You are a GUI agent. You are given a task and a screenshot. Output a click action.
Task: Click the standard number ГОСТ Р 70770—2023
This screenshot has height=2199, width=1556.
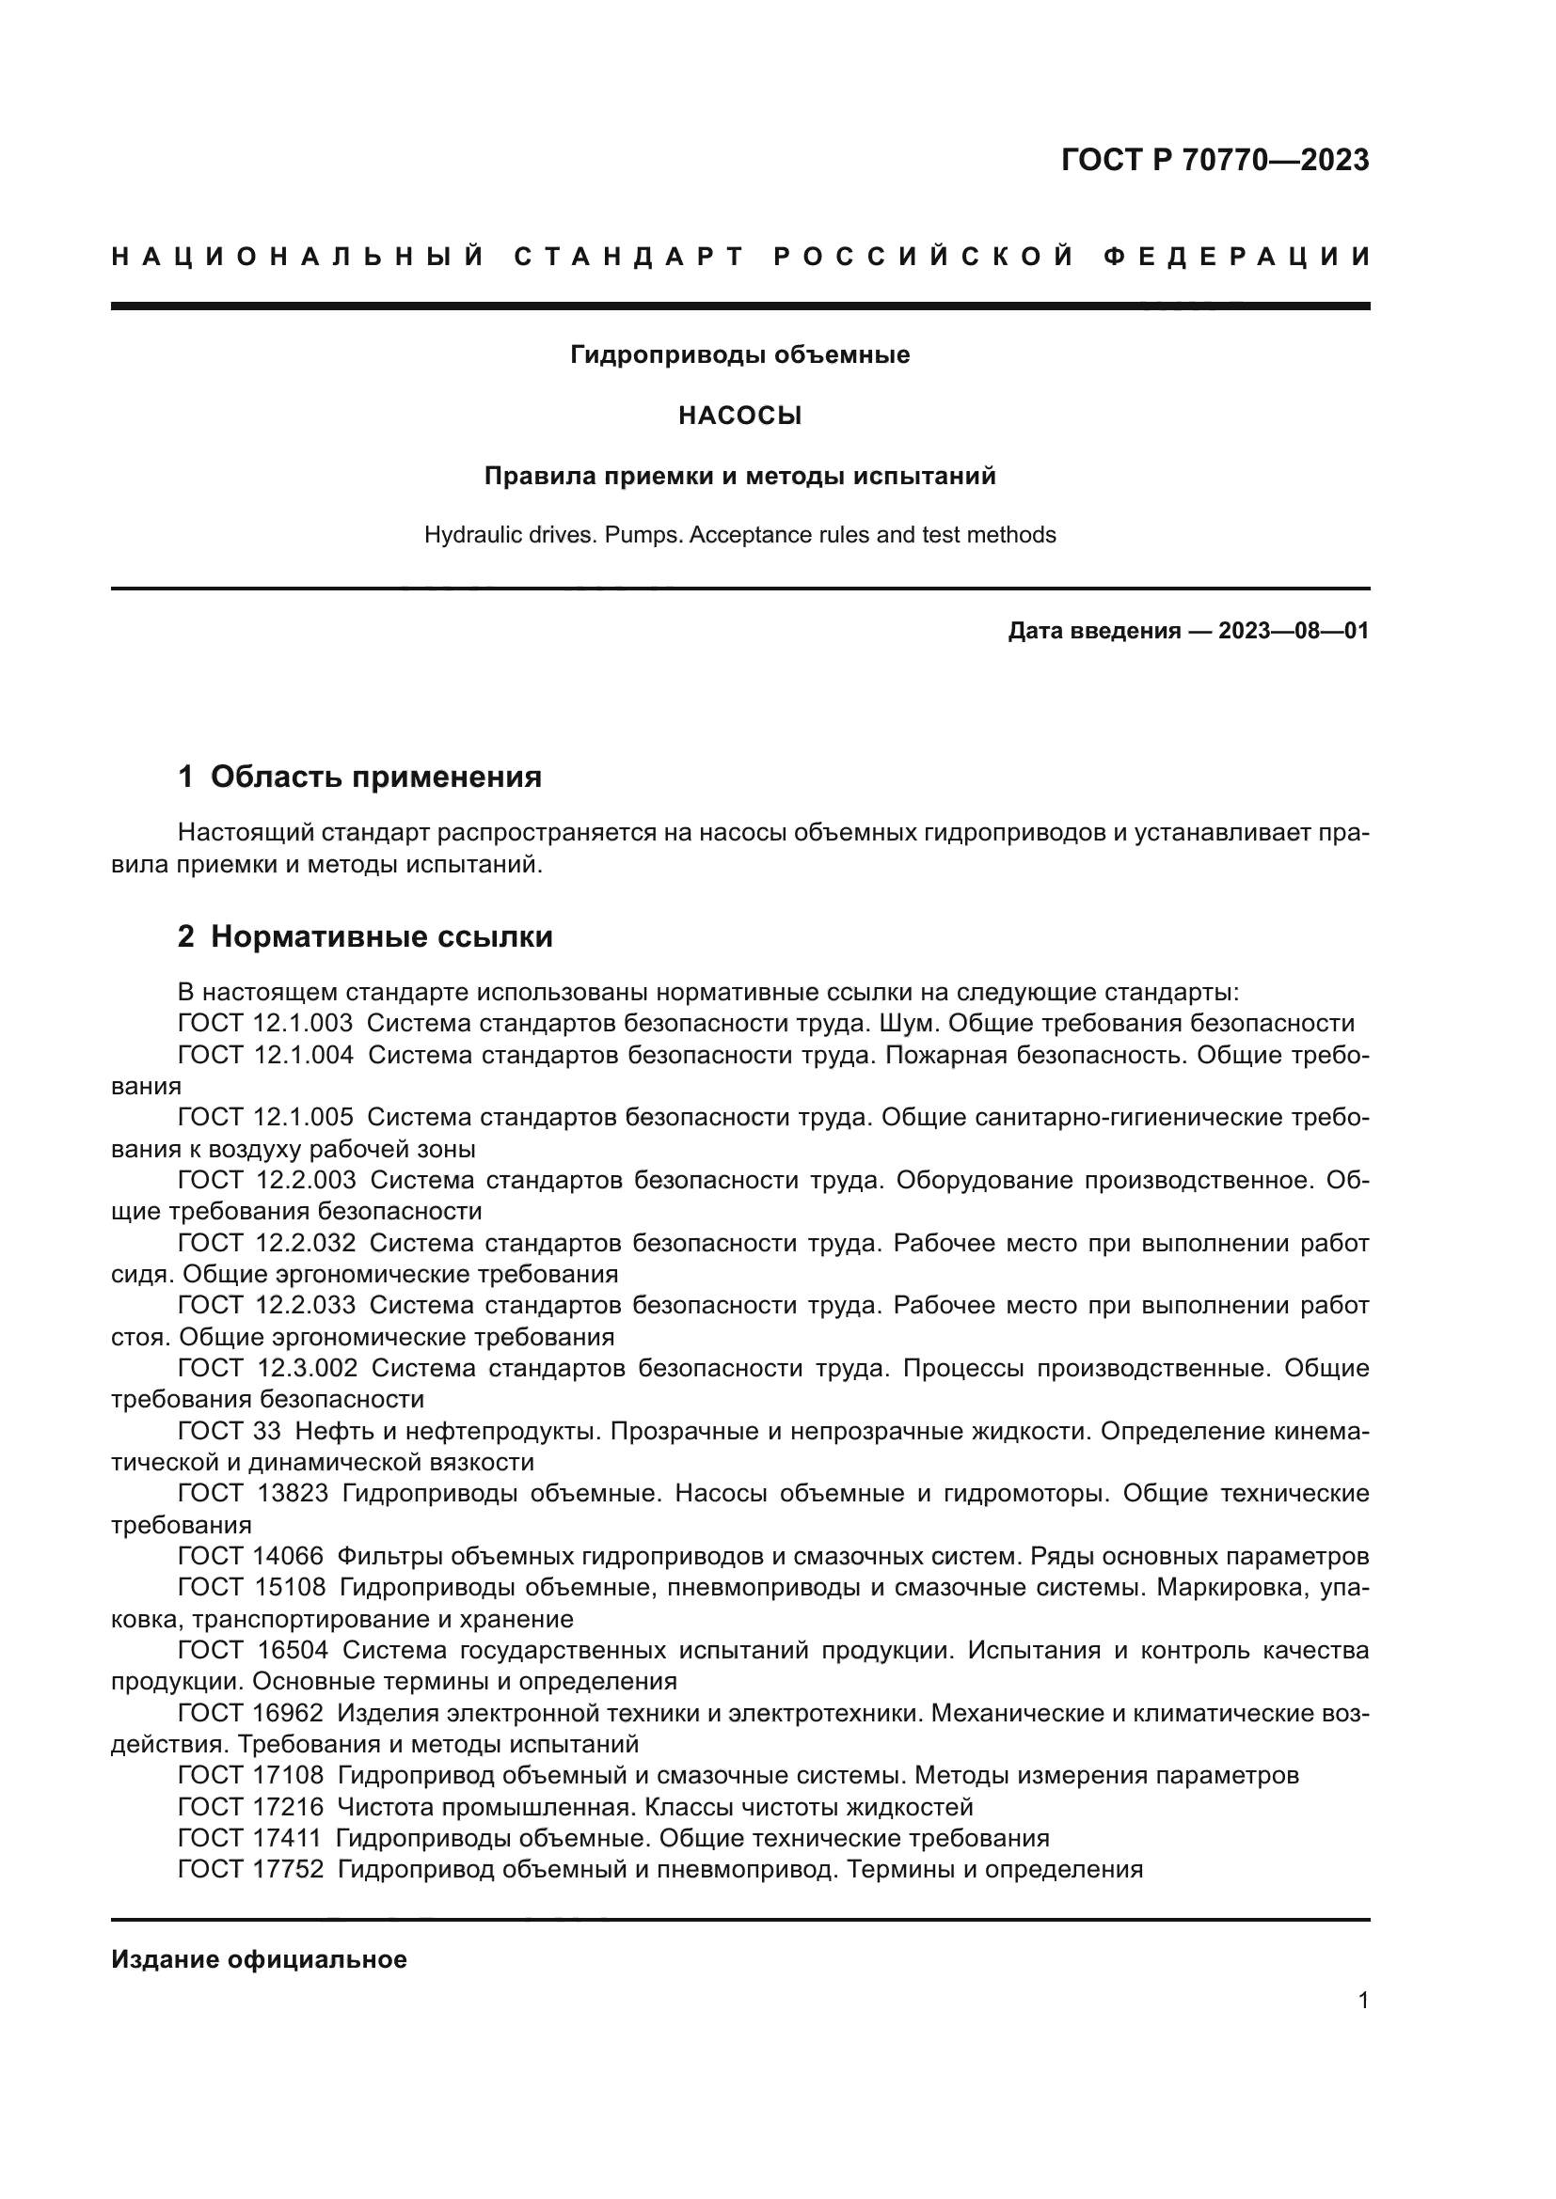click(1214, 160)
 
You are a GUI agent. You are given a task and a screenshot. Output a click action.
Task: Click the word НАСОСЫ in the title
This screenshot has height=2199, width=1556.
click(739, 416)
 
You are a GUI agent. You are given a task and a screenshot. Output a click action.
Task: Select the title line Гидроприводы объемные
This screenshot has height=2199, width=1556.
click(739, 355)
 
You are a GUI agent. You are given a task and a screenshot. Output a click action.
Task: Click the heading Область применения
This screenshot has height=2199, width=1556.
click(375, 777)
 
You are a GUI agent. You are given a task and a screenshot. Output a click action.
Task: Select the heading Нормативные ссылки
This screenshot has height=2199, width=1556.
click(381, 936)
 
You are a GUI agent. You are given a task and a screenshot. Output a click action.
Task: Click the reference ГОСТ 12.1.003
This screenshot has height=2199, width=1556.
click(265, 1023)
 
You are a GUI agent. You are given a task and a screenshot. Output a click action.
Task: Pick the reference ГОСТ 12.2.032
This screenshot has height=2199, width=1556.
click(266, 1243)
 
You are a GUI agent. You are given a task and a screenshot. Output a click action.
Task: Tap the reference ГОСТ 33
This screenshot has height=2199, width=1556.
click(229, 1431)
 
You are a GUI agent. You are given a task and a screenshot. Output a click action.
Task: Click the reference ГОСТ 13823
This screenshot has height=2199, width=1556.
click(254, 1493)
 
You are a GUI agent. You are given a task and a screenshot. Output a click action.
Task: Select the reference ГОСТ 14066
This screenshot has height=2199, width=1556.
click(251, 1556)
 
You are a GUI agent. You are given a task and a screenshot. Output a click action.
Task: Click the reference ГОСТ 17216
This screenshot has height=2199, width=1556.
click(251, 1807)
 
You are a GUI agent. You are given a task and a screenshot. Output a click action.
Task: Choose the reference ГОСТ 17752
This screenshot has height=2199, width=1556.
click(251, 1870)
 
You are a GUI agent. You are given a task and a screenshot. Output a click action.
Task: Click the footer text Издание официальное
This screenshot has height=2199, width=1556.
click(259, 1959)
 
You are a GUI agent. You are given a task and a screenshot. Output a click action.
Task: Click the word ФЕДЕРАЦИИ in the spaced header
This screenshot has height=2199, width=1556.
click(1237, 257)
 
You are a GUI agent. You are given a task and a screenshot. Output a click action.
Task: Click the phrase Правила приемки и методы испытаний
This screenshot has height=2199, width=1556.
click(739, 476)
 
